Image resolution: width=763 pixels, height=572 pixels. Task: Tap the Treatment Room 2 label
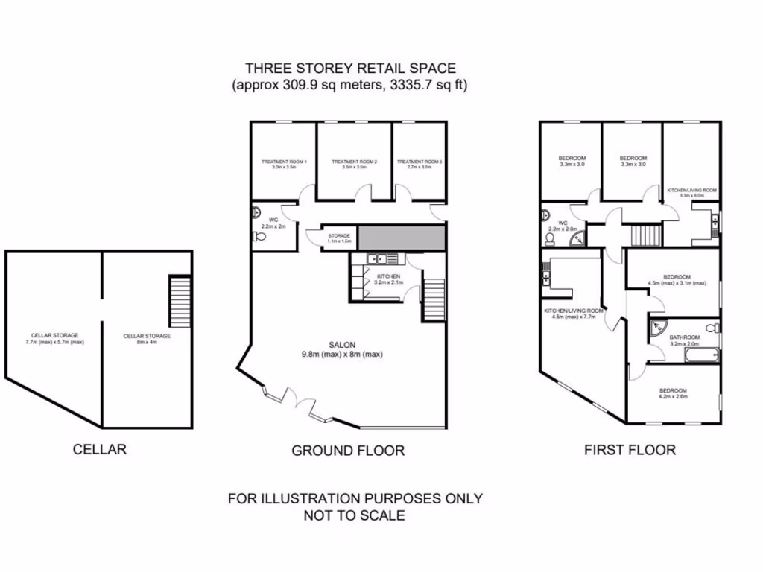(355, 164)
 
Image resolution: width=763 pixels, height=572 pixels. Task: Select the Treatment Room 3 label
(420, 164)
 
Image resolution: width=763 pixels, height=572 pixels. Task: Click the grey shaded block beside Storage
(402, 238)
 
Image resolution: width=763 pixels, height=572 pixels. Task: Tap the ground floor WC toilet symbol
(259, 237)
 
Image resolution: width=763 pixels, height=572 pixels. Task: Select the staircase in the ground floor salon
(434, 295)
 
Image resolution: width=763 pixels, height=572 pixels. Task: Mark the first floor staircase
(642, 236)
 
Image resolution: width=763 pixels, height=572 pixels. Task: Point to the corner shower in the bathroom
(657, 328)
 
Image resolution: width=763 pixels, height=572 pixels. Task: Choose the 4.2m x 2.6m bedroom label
(673, 394)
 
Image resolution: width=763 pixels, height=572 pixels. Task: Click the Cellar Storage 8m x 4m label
(148, 339)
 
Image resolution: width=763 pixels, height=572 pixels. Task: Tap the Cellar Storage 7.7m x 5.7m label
(55, 339)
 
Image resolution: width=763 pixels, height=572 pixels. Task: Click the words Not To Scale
(355, 515)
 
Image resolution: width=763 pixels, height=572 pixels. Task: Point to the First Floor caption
(630, 450)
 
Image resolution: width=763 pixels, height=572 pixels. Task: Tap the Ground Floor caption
(348, 451)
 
